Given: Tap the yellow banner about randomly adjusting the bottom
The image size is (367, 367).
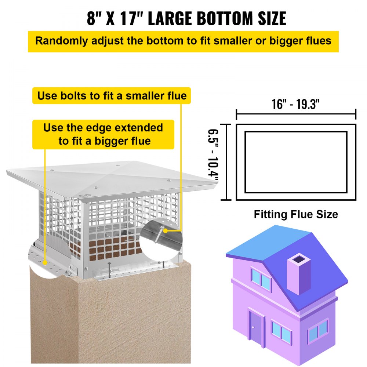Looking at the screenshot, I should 183,41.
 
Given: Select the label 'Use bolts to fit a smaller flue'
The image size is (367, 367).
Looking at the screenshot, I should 112,96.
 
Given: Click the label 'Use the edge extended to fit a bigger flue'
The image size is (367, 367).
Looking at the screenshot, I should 103,134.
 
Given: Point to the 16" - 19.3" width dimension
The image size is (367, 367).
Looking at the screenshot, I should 296,104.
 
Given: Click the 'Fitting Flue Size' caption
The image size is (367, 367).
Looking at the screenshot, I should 296,214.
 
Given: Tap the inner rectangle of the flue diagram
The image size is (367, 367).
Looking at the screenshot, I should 296,162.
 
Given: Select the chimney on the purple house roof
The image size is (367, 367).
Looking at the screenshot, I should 298,273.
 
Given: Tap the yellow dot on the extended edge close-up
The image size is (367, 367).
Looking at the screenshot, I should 45,262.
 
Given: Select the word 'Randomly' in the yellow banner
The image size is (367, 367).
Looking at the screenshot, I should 58,41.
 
